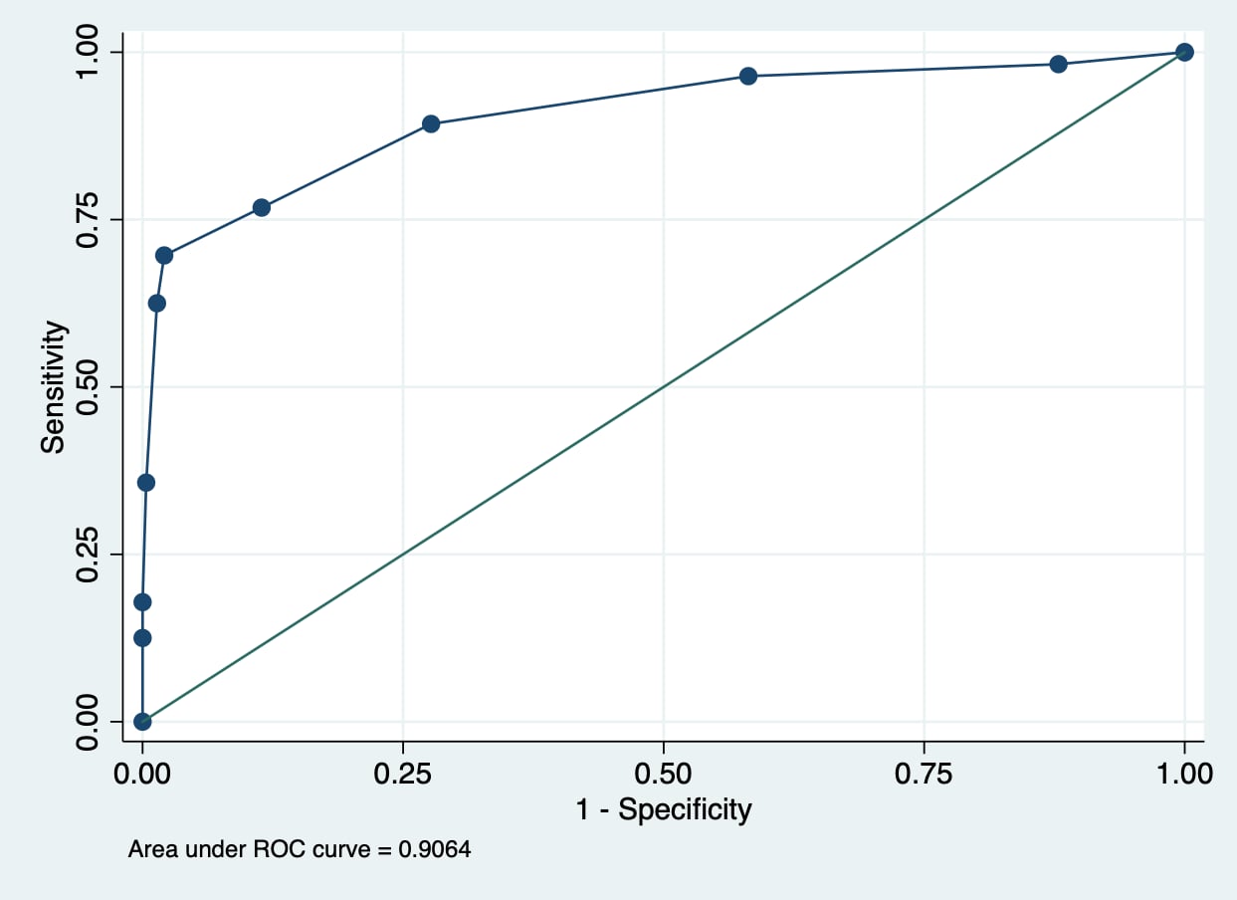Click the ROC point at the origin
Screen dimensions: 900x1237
click(142, 721)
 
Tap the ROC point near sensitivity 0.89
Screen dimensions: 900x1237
click(431, 123)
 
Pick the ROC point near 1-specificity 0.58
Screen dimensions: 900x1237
click(748, 76)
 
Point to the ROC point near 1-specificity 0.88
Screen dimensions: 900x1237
click(1058, 64)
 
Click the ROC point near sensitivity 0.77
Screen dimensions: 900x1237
click(262, 207)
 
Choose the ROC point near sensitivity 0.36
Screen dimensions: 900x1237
click(146, 482)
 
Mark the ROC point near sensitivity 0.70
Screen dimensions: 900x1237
click(164, 255)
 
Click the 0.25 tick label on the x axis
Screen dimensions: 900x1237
click(403, 774)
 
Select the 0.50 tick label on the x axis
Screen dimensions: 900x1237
click(663, 774)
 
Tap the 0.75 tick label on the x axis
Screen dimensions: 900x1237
click(924, 774)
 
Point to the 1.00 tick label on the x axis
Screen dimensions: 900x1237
click(1183, 774)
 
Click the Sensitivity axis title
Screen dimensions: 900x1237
click(53, 386)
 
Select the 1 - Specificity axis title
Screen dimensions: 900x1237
click(663, 809)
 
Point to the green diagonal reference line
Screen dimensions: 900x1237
click(663, 386)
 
